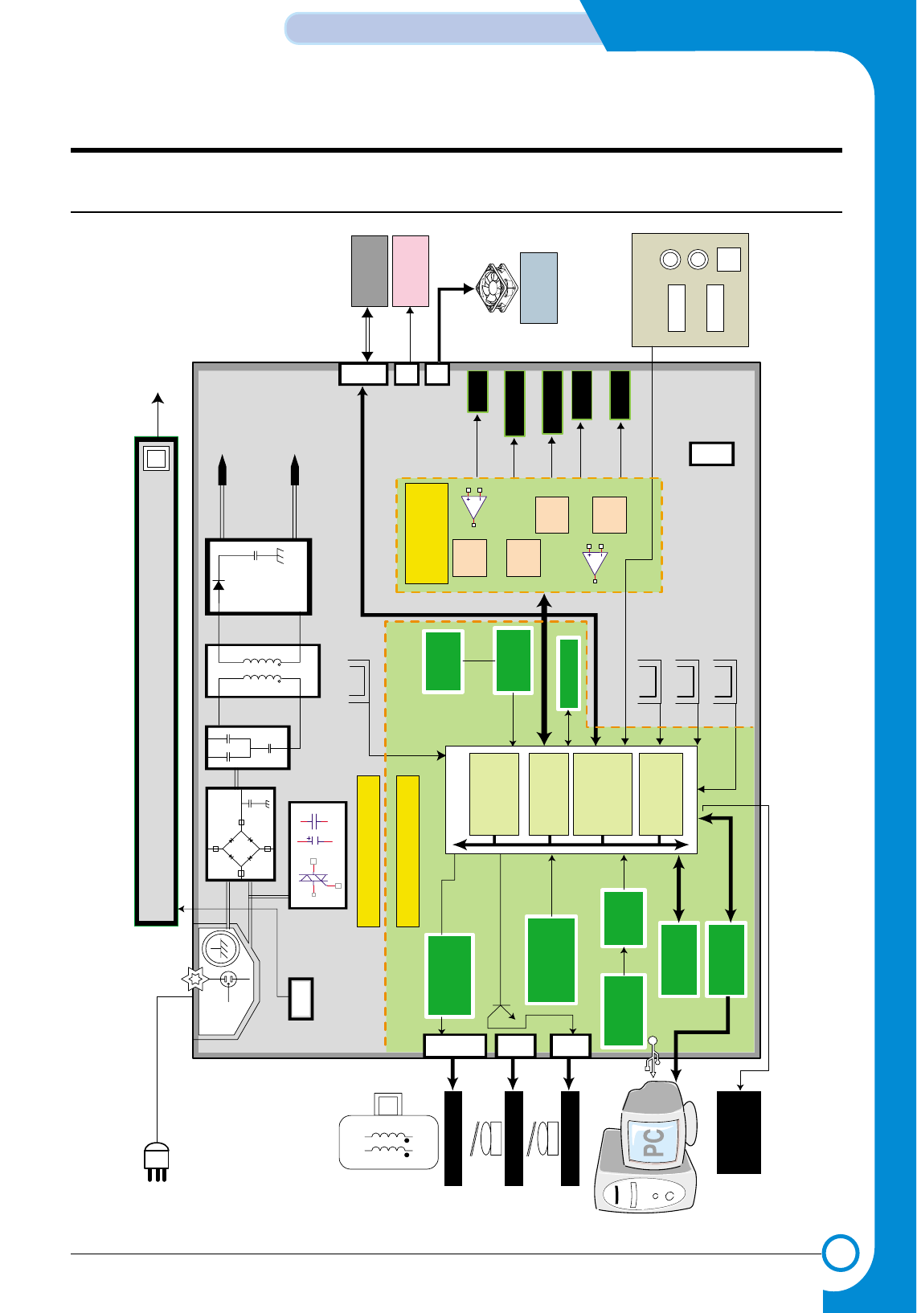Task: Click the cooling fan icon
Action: click(x=497, y=288)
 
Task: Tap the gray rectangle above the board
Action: click(x=370, y=271)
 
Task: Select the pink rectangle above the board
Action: click(x=410, y=271)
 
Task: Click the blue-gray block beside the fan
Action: click(x=538, y=288)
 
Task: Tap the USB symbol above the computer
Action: click(x=652, y=1057)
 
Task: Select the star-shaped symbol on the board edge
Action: click(x=194, y=980)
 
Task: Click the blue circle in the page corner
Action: click(x=841, y=1253)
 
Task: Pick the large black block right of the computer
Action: click(x=739, y=1132)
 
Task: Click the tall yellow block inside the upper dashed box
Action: click(x=426, y=534)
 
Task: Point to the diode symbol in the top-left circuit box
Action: click(x=217, y=584)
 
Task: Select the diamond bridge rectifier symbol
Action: click(x=241, y=848)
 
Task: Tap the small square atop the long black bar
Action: click(x=156, y=458)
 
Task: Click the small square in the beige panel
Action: click(x=728, y=260)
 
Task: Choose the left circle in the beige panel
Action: click(x=670, y=260)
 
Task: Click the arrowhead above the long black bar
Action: click(x=158, y=399)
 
